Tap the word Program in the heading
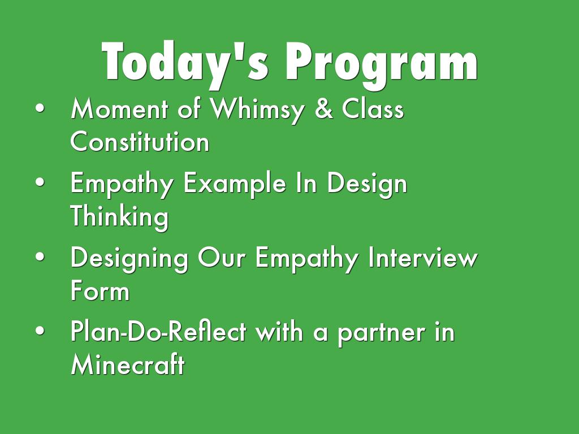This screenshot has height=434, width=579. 382,64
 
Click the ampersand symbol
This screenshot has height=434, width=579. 324,109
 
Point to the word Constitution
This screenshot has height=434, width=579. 140,141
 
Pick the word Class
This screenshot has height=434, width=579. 373,108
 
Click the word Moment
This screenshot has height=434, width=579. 119,108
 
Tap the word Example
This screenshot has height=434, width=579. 235,184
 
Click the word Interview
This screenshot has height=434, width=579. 423,257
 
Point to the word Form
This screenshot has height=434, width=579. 100,290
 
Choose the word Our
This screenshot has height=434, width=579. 222,257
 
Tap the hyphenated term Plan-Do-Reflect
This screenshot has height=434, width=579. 158,331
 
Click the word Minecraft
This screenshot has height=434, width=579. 128,364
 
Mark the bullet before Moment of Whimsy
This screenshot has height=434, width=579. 40,108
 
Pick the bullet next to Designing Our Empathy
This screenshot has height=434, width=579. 40,257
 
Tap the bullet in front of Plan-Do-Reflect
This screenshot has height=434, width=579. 40,331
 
